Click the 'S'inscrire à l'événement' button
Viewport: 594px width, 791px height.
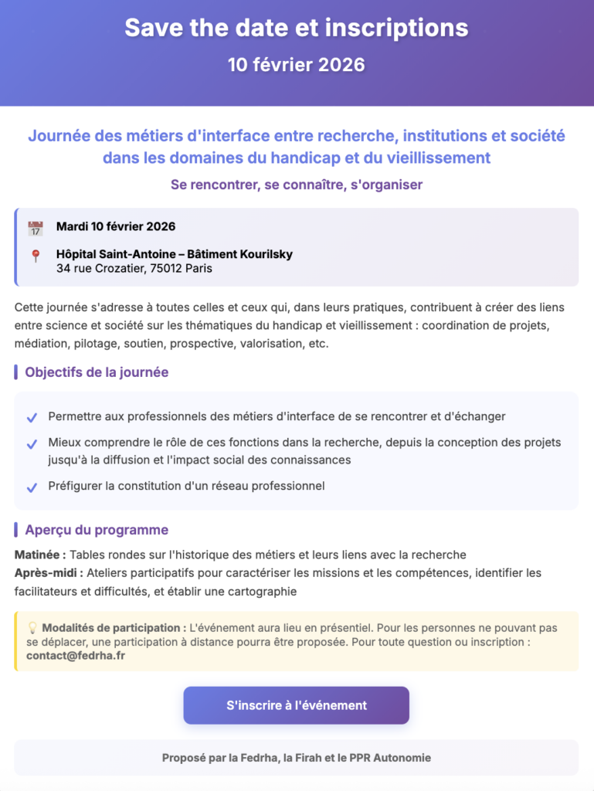click(296, 705)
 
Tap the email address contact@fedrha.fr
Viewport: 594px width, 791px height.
click(76, 656)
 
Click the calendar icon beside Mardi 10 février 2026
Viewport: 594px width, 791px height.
click(35, 228)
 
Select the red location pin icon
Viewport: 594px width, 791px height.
click(35, 256)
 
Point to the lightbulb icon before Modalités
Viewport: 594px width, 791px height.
click(32, 628)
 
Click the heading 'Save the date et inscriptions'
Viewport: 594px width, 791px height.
click(296, 29)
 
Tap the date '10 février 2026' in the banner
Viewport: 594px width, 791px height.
click(296, 65)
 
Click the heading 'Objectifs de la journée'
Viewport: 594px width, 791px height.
click(97, 372)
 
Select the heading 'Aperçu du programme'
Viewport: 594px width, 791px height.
click(97, 530)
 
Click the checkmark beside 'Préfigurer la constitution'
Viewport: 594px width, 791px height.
click(32, 487)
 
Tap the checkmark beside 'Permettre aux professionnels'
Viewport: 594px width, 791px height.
click(32, 418)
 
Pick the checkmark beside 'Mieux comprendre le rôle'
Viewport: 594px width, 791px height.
click(32, 445)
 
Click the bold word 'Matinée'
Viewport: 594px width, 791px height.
click(39, 555)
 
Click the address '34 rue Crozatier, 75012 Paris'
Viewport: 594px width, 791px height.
click(134, 269)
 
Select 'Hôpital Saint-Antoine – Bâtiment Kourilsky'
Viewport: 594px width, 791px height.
click(174, 254)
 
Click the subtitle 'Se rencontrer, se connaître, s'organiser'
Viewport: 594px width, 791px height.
click(296, 185)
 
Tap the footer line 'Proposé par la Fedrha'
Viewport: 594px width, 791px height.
click(296, 758)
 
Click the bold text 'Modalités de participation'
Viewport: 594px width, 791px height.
click(114, 628)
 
